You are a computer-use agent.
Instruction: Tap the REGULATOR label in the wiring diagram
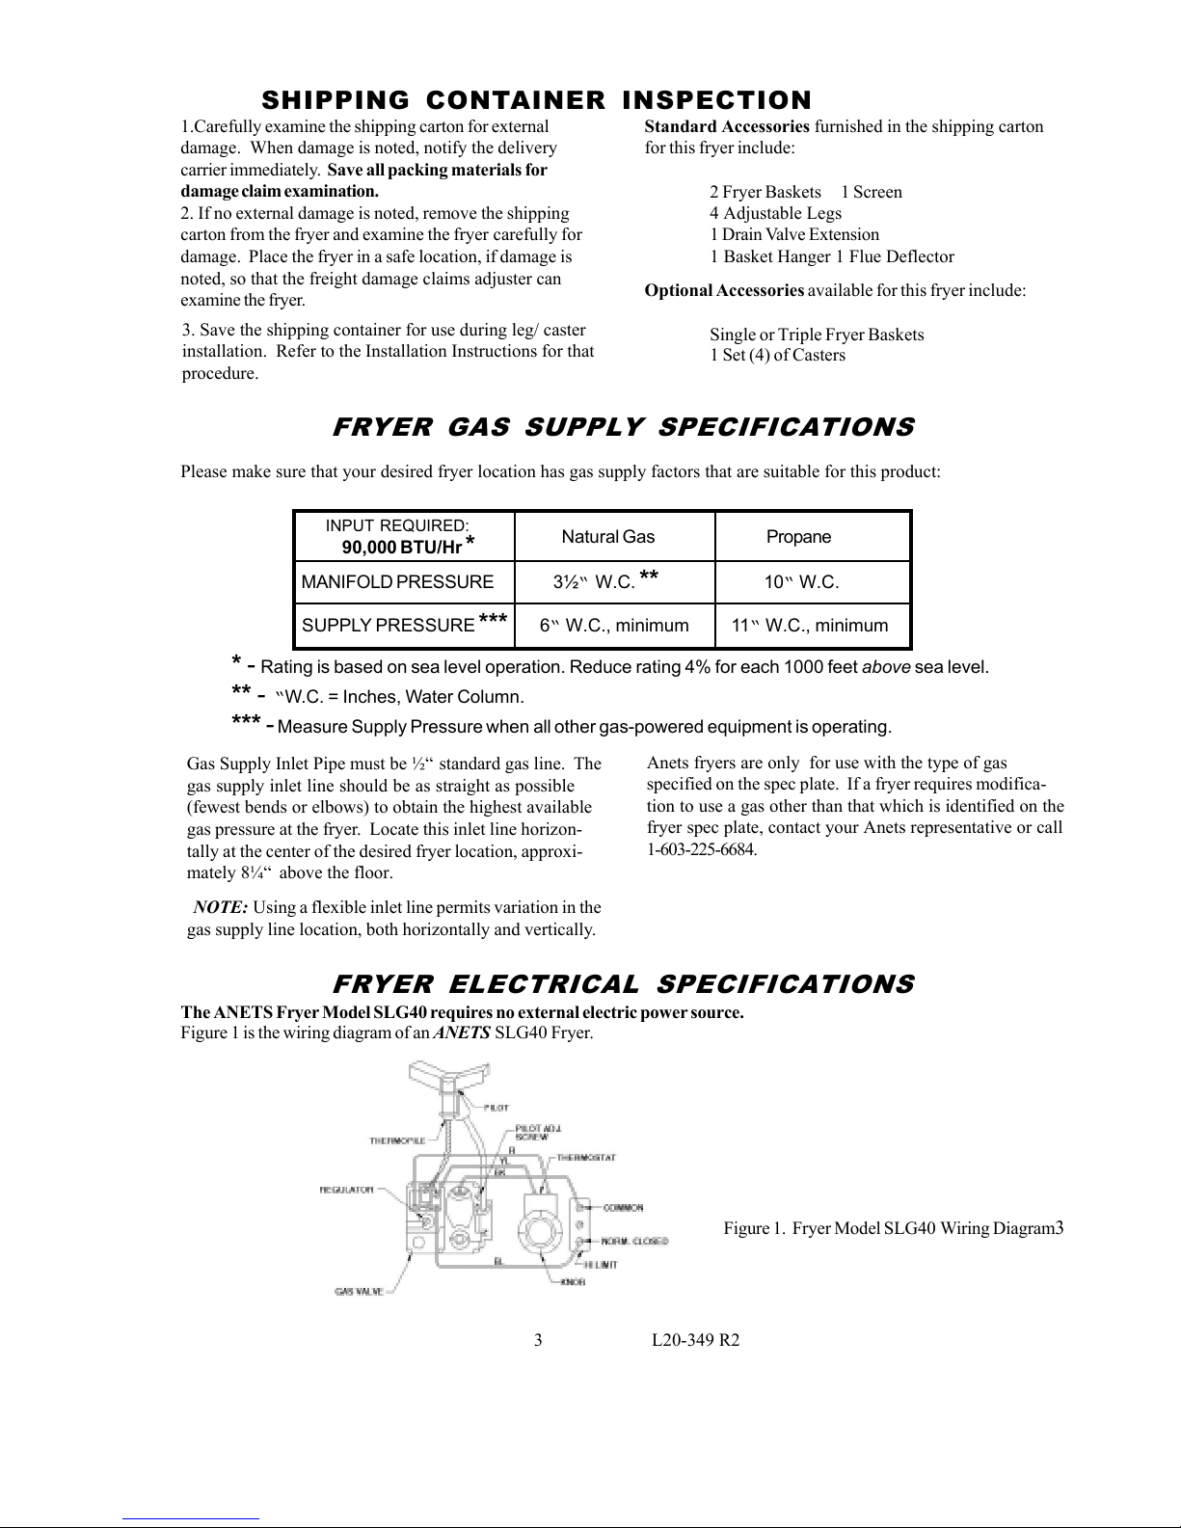click(346, 1190)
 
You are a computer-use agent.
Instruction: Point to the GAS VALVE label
click(359, 1291)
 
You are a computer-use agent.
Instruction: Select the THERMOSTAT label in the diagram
click(586, 1157)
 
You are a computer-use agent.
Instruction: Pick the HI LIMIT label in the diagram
click(601, 1264)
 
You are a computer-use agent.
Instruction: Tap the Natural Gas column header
click(607, 537)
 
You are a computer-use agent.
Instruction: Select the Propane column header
click(798, 537)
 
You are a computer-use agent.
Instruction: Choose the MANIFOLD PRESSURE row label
click(397, 582)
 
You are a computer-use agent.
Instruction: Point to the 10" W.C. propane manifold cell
click(800, 582)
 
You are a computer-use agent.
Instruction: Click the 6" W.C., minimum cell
click(614, 626)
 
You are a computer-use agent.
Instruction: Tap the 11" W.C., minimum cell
click(810, 626)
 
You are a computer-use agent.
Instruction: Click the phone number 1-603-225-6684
click(702, 849)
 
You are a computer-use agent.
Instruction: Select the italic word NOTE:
click(221, 907)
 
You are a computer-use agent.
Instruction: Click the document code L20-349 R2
click(695, 1341)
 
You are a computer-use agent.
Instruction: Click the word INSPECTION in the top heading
click(716, 100)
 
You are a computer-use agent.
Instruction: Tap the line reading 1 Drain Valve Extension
click(794, 234)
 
